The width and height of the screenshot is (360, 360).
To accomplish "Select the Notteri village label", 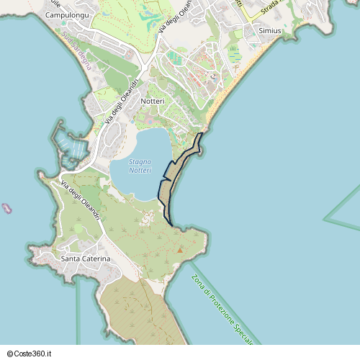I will (153, 102).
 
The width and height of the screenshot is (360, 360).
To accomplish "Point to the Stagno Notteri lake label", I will (140, 166).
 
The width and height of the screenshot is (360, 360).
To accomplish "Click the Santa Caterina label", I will (86, 258).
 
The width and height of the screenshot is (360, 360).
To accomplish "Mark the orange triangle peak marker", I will (179, 251).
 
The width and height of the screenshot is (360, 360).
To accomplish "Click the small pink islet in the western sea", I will (7, 209).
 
